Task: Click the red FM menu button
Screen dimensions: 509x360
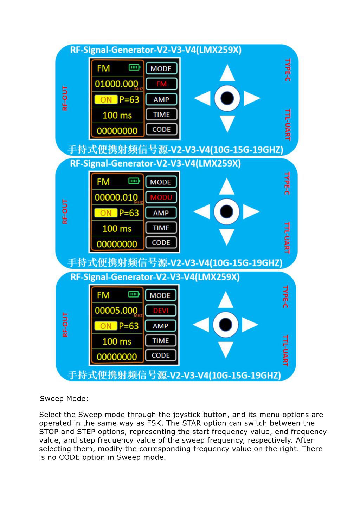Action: tap(161, 84)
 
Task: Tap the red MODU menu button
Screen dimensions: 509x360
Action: tap(161, 197)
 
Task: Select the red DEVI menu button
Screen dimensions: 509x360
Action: tap(161, 311)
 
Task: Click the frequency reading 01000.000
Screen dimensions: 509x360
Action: tap(116, 84)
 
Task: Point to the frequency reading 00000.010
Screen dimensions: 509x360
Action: tap(116, 197)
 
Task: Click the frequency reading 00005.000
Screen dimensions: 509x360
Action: tap(116, 311)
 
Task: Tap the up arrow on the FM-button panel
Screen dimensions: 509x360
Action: tap(227, 73)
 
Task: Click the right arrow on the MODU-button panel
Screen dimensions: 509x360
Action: tap(251, 211)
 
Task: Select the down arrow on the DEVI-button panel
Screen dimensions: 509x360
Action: tap(225, 350)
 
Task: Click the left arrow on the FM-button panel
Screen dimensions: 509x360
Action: tap(202, 98)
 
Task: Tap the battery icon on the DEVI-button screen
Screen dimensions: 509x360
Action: tap(134, 294)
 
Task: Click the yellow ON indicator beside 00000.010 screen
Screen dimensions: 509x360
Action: tap(106, 213)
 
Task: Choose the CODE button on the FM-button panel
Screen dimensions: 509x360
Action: tap(161, 129)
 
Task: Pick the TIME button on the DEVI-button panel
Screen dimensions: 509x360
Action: tap(161, 340)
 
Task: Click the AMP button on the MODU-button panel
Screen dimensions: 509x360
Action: tap(161, 213)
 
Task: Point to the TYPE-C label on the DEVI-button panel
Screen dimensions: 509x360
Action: tap(285, 297)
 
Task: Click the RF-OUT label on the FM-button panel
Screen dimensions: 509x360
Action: tap(65, 98)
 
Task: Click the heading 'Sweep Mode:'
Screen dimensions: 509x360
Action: tap(64, 399)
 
